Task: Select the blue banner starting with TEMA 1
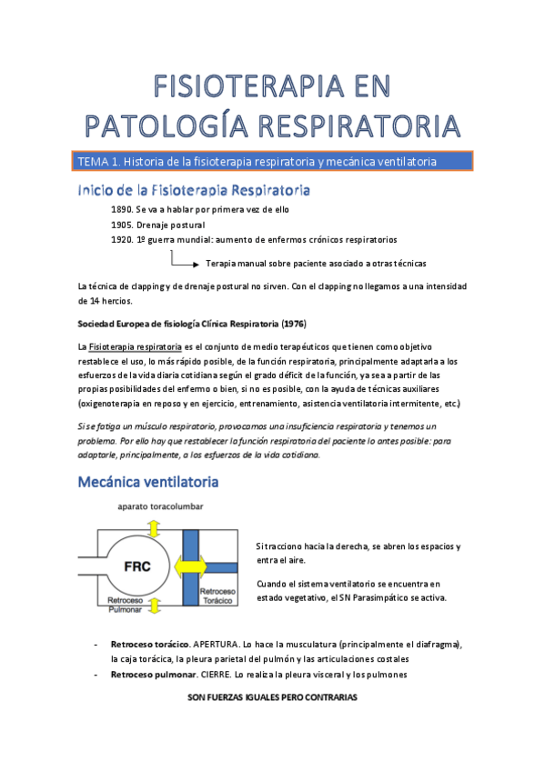click(x=273, y=162)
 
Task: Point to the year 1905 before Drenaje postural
click(x=120, y=225)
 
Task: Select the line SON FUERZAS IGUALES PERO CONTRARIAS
click(x=272, y=698)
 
